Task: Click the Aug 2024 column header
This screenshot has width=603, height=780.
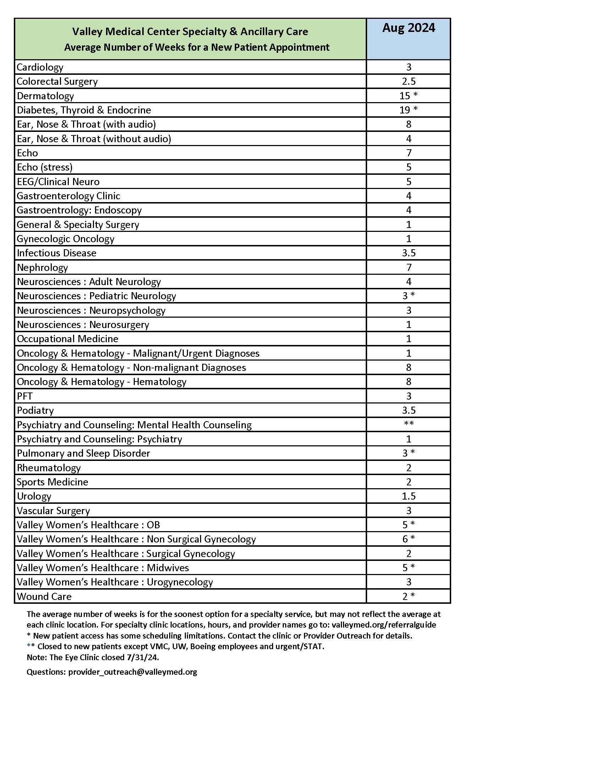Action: [x=408, y=28]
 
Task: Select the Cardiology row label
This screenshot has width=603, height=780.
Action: [x=40, y=67]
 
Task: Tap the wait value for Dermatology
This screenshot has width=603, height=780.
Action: [x=408, y=96]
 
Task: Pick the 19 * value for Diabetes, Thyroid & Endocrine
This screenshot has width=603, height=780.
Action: [x=408, y=110]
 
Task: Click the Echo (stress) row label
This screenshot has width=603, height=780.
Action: [x=45, y=167]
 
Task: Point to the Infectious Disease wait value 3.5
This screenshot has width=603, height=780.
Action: [x=408, y=253]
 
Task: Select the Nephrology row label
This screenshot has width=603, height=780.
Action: [x=42, y=267]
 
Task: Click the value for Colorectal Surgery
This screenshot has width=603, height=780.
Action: [x=408, y=82]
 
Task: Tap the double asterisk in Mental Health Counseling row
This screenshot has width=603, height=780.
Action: [x=408, y=424]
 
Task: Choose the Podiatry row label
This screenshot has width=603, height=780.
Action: [x=35, y=410]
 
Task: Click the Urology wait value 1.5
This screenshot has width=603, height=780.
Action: [x=408, y=496]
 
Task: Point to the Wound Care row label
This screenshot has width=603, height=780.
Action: [x=44, y=596]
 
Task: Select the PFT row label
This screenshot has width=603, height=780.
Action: [x=24, y=396]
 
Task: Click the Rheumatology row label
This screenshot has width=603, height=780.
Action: [x=49, y=468]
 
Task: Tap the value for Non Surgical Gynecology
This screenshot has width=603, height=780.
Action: [x=408, y=539]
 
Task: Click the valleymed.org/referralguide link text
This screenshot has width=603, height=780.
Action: [x=384, y=625]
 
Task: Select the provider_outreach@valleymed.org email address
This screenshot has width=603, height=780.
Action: [x=133, y=672]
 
